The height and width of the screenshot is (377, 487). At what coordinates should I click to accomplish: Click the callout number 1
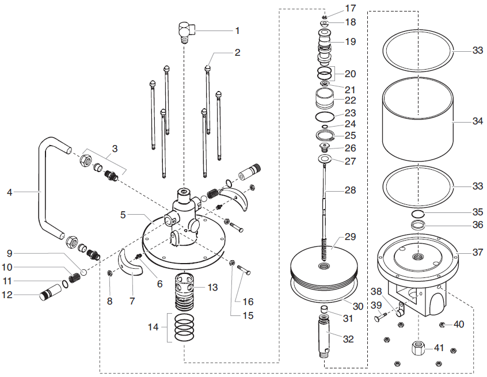coord(237,31)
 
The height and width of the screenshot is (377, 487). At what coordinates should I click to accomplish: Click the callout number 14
coord(153,327)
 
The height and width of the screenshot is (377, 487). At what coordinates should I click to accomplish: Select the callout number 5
coord(123,215)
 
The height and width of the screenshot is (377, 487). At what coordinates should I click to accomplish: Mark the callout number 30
coord(358,307)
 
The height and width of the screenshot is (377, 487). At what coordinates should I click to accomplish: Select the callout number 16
coord(248,301)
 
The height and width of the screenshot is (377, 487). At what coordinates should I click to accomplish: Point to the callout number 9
coord(9,253)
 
